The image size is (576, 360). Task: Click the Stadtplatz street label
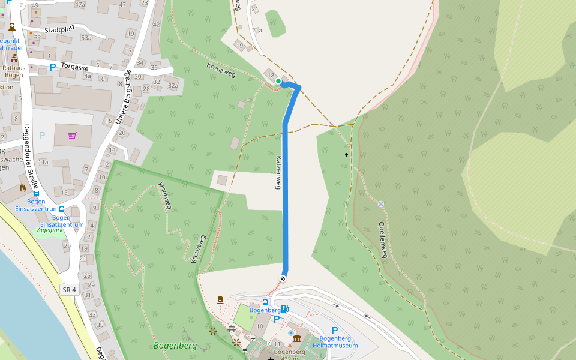[63, 29]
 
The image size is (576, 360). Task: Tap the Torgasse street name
[75, 68]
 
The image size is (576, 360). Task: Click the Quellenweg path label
[383, 239]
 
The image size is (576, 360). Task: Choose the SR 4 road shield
[69, 290]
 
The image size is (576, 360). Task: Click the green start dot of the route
[278, 81]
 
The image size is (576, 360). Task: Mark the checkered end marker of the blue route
[283, 278]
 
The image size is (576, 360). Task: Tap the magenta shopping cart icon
[73, 136]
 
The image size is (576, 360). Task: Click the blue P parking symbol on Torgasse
[52, 67]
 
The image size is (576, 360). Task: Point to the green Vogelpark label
[49, 230]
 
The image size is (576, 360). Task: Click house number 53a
[86, 38]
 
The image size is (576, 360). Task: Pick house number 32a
[173, 86]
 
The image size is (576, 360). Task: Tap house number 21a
[257, 30]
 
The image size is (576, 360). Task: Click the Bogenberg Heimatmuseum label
[335, 342]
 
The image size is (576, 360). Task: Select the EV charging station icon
[284, 308]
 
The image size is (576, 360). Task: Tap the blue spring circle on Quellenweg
[381, 204]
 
